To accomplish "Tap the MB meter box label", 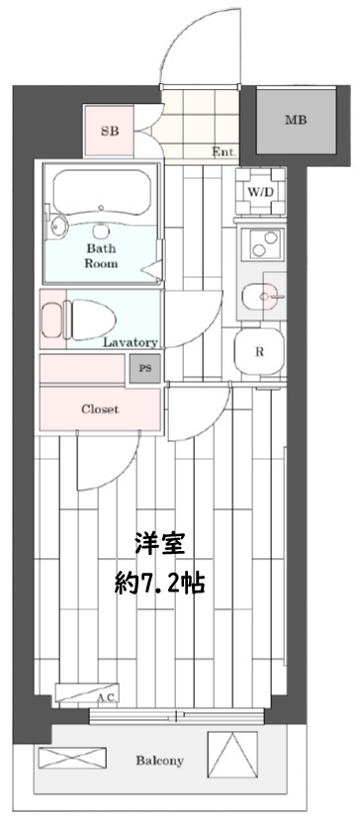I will click(295, 121).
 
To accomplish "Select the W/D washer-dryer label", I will click(261, 191).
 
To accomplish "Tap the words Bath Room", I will click(101, 256).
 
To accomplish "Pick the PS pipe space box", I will click(145, 368).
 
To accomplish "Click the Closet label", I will click(99, 409).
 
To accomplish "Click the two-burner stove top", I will click(261, 241).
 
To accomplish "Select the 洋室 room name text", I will click(158, 543).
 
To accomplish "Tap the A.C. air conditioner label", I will click(106, 698).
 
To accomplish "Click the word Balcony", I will click(159, 761).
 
